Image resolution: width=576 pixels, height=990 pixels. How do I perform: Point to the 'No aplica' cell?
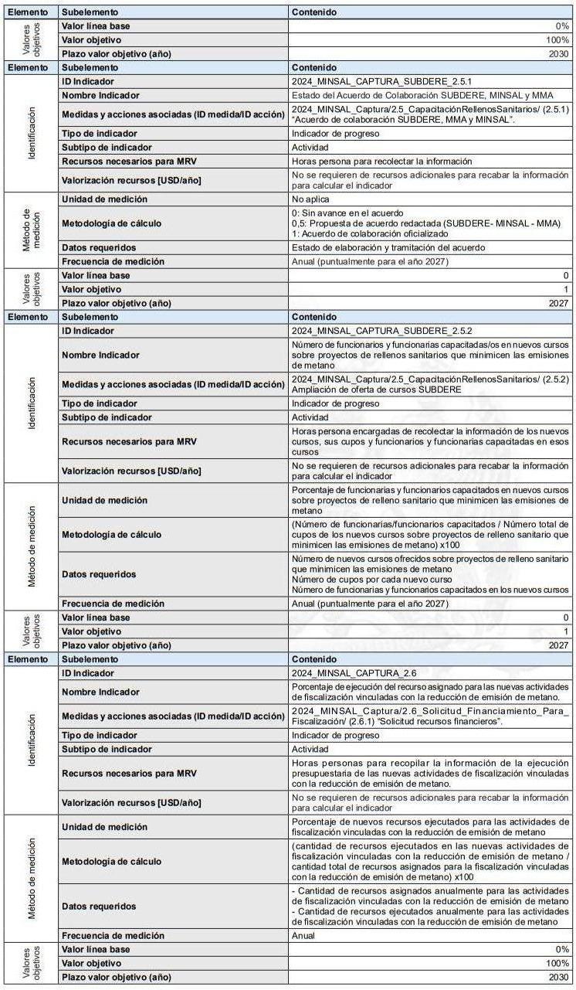(x=310, y=199)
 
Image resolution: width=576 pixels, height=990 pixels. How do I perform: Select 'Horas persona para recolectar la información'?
(x=381, y=162)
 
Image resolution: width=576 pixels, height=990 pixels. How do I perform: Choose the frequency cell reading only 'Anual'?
(x=303, y=935)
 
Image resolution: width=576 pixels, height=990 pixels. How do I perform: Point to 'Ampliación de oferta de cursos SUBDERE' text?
(x=376, y=390)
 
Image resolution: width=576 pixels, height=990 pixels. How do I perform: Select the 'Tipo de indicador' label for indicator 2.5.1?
(x=99, y=134)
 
